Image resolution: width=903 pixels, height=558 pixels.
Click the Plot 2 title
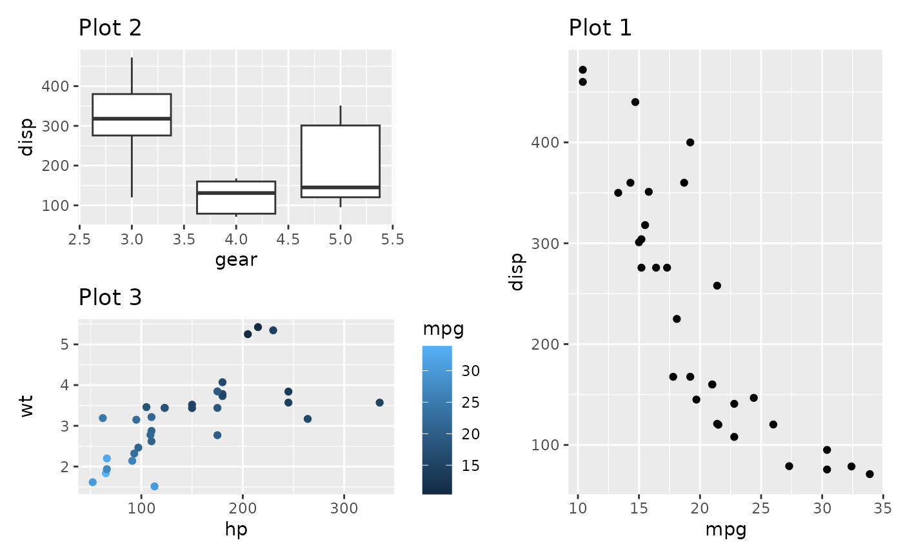coord(110,28)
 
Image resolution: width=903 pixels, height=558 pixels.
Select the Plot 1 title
coord(600,28)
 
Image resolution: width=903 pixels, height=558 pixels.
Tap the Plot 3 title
coord(110,297)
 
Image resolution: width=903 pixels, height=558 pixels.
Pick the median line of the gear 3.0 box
coord(132,119)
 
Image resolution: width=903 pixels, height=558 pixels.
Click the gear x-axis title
coord(236,260)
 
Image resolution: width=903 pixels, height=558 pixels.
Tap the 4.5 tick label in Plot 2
coord(288,240)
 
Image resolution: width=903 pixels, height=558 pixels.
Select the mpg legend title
coord(443,329)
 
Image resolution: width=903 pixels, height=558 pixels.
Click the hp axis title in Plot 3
coord(236,530)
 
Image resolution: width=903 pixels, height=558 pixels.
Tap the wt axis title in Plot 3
coord(27,407)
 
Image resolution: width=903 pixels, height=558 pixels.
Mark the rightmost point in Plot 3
coord(379,403)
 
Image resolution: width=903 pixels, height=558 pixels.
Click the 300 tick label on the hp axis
coord(344,508)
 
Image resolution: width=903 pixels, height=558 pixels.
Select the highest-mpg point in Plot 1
coord(869,474)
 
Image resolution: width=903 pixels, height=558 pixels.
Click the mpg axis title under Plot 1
coord(726,530)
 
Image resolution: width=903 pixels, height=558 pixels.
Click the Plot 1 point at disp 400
coord(690,142)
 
